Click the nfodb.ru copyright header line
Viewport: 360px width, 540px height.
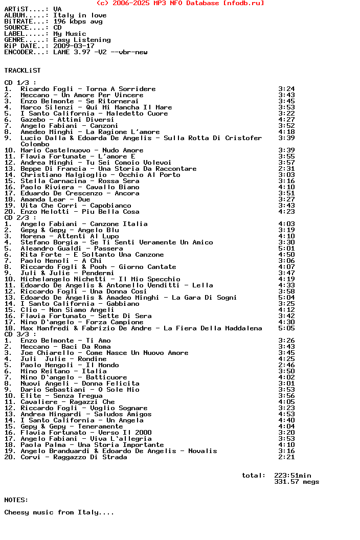point(180,3)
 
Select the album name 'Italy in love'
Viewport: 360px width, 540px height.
point(80,15)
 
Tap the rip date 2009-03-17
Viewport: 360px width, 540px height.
point(74,46)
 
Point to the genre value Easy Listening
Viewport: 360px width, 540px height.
point(82,40)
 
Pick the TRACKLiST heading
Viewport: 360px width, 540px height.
point(22,71)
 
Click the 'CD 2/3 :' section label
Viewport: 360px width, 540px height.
point(20,218)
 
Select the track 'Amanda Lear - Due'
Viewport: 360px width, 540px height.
point(55,199)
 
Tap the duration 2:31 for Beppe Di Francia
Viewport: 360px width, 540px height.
point(286,169)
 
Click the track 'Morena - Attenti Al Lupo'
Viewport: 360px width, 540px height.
point(70,236)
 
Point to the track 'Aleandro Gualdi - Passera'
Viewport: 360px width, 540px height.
point(72,249)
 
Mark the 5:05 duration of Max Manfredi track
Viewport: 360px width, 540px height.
point(286,328)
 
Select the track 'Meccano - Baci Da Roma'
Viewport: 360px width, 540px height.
point(65,347)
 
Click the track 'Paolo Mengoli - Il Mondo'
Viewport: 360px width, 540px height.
point(70,365)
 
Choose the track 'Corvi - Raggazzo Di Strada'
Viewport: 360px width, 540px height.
point(74,457)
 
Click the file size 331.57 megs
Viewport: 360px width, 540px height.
point(297,482)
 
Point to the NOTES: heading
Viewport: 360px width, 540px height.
point(16,500)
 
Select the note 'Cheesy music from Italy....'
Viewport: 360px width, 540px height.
point(59,512)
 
